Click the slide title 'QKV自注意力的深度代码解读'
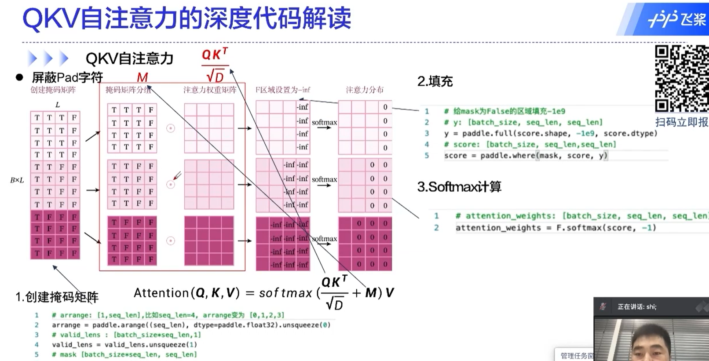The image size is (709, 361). [x=186, y=18]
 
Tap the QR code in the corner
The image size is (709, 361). [x=681, y=78]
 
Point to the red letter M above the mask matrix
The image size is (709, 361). [x=142, y=77]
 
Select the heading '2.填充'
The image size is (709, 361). [x=435, y=81]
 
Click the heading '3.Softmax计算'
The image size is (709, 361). [x=459, y=187]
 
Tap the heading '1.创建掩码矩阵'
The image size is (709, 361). [x=57, y=297]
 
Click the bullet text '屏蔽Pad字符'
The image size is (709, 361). [x=67, y=78]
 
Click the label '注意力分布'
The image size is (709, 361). [x=365, y=90]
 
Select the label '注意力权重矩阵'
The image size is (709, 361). [x=210, y=90]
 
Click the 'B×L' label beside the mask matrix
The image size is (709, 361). [x=17, y=180]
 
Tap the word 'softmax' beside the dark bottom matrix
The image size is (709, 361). [x=325, y=239]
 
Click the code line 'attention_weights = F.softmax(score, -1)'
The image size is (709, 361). [x=556, y=228]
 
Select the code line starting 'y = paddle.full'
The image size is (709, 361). [x=550, y=133]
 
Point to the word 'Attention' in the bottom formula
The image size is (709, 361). [x=161, y=293]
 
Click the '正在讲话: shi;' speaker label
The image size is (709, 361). [x=637, y=306]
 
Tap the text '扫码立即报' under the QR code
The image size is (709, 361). [x=681, y=122]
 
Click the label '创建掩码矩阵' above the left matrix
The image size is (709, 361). [x=53, y=90]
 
